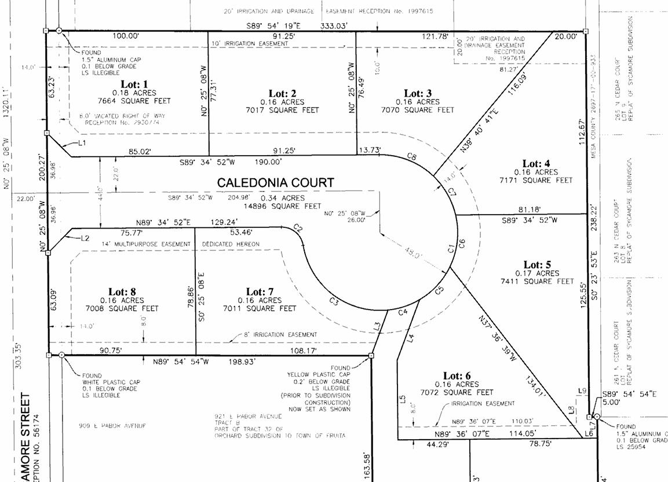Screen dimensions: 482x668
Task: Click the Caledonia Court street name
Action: click(275, 182)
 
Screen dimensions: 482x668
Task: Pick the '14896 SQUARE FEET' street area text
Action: click(282, 206)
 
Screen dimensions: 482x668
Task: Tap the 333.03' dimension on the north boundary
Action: click(337, 25)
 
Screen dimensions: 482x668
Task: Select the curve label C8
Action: click(412, 157)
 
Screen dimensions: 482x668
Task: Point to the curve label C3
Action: click(334, 301)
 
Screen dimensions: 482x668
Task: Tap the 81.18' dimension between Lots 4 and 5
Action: click(521, 209)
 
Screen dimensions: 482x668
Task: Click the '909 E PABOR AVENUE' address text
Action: click(112, 426)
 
